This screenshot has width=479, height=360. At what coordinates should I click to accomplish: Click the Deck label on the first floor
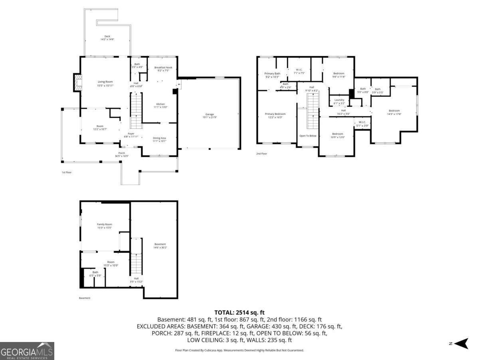107,36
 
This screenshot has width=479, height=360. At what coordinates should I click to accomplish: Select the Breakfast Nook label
163,68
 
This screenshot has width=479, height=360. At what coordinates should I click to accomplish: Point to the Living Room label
105,82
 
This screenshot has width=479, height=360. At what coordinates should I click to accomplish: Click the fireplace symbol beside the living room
77,83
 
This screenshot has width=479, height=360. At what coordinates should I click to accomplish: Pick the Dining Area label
159,138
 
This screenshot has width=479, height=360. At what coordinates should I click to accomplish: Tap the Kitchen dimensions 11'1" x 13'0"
160,107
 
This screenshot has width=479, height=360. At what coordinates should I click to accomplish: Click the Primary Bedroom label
275,114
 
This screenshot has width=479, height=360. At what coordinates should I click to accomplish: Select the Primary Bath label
272,74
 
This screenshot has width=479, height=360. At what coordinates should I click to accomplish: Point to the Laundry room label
339,100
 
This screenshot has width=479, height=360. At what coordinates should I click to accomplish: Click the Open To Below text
308,136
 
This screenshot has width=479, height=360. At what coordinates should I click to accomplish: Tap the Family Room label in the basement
105,224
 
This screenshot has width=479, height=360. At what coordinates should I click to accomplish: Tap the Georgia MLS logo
27,351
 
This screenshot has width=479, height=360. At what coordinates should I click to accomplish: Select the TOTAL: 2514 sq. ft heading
239,312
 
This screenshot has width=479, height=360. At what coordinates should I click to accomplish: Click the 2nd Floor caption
262,154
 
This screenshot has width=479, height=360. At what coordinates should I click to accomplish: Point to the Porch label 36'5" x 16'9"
122,154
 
